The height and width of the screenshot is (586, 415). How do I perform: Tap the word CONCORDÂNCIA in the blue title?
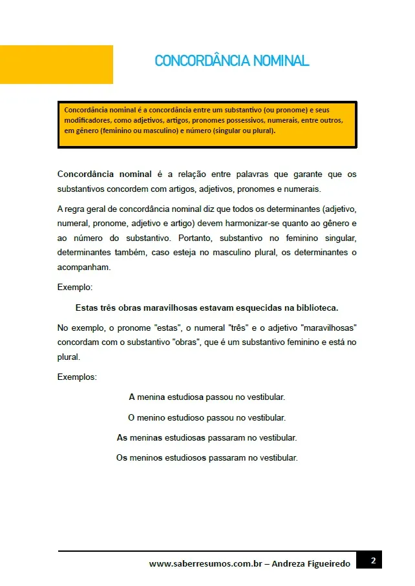[x=202, y=61]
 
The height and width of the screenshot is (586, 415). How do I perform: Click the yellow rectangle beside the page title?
[x=56, y=65]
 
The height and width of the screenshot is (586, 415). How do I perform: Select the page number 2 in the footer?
[x=372, y=561]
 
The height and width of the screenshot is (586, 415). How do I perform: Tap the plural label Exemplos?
[x=77, y=377]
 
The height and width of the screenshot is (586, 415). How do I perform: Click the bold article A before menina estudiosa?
[x=132, y=397]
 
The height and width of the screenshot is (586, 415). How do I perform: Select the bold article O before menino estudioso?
[x=131, y=417]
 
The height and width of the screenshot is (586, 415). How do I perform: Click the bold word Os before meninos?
[x=122, y=458]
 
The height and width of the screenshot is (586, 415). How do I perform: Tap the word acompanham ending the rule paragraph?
[x=83, y=266]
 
